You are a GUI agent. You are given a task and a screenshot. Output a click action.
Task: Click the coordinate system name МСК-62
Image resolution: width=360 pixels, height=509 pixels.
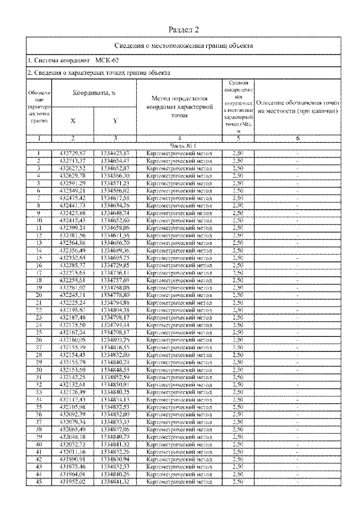click(x=107, y=60)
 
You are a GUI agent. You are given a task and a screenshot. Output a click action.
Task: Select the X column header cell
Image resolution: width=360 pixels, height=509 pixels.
click(x=73, y=120)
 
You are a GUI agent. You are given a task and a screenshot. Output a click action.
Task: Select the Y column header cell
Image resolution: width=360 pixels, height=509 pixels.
click(x=115, y=120)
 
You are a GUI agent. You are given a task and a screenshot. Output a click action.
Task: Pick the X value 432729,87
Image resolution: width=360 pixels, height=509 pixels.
click(x=73, y=152)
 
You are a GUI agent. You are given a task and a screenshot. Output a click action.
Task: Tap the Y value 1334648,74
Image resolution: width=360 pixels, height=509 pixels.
click(x=115, y=214)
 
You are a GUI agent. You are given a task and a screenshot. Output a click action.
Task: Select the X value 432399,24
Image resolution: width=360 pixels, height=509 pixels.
click(x=73, y=228)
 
